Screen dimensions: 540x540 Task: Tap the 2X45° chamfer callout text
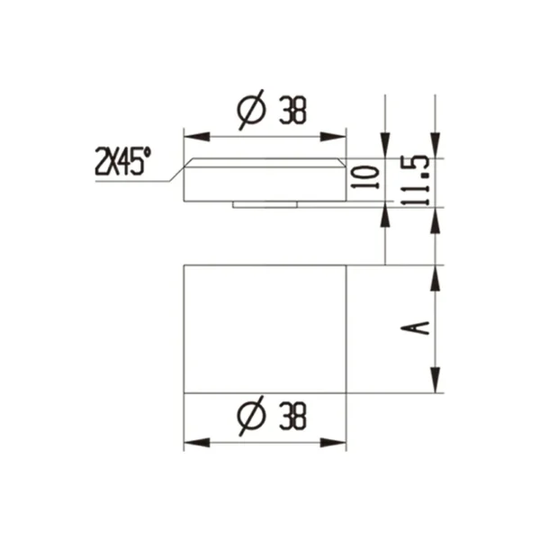point(122,162)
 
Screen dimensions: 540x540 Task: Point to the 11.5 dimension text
point(416,180)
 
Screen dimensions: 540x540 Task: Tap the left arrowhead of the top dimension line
point(190,136)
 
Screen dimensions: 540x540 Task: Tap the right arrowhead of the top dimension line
point(339,136)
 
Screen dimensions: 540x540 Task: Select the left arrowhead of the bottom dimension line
point(190,442)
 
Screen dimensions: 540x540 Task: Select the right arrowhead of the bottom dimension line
point(339,442)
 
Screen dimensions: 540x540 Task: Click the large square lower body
point(265,329)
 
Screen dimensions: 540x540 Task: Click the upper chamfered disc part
point(265,180)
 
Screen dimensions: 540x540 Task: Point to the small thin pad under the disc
point(265,204)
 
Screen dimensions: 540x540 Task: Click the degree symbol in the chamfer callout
point(148,155)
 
